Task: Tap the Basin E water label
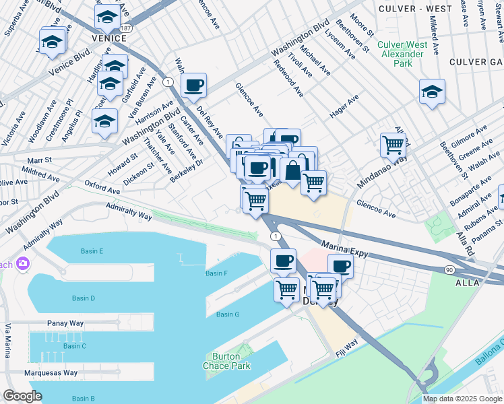click(x=92, y=251)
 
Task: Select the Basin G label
click(x=228, y=314)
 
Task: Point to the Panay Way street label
click(x=65, y=323)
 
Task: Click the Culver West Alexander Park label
click(x=402, y=54)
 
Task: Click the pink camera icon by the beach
click(x=24, y=263)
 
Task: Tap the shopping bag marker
click(x=292, y=170)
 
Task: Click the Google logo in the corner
click(x=22, y=396)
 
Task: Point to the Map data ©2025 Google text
click(x=462, y=399)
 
